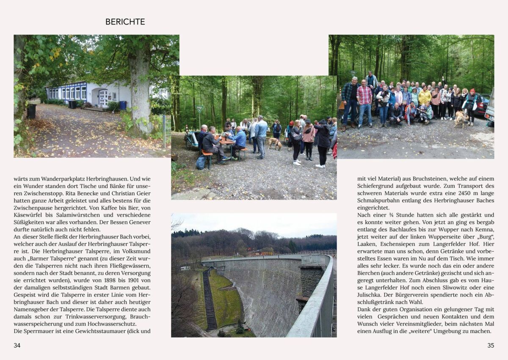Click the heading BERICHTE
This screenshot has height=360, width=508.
click(125, 22)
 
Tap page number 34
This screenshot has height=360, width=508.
click(17, 345)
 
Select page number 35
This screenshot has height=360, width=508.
click(491, 345)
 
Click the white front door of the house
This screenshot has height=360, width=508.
click(103, 98)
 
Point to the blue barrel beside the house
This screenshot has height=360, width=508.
click(123, 105)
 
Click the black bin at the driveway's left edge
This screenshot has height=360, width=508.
click(31, 111)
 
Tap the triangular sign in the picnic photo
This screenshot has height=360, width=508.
click(199, 109)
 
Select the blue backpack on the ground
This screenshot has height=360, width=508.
click(201, 162)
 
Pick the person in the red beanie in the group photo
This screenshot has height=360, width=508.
click(472, 102)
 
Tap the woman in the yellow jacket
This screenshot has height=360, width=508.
click(425, 98)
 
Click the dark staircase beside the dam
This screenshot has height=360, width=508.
click(210, 300)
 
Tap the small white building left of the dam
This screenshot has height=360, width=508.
click(185, 268)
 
